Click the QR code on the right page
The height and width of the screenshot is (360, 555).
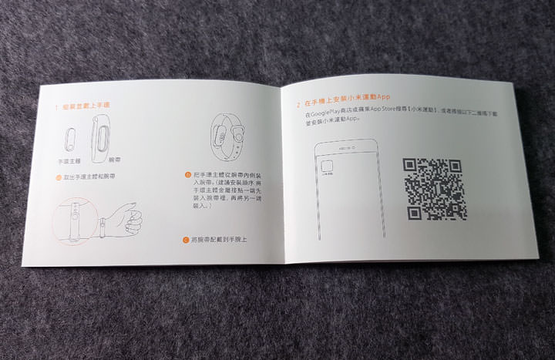tap(434, 188)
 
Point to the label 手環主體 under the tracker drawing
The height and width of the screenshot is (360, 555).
tap(70, 162)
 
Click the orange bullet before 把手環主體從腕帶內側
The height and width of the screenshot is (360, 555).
tap(188, 175)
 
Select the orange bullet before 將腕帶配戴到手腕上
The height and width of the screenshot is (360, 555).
tap(187, 240)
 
